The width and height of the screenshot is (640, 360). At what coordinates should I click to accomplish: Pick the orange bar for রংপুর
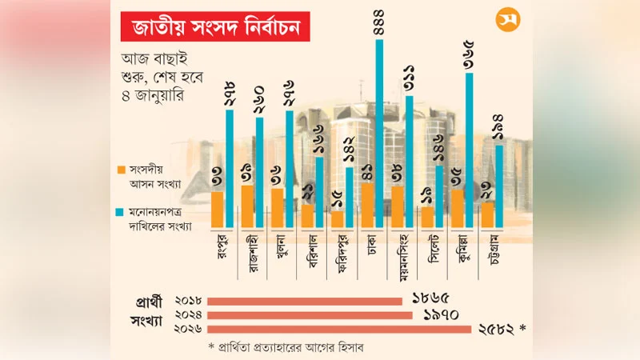tap(217, 210)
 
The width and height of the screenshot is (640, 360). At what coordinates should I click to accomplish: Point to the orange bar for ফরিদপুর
tap(337, 218)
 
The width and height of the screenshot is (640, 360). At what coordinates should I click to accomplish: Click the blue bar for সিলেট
tap(439, 197)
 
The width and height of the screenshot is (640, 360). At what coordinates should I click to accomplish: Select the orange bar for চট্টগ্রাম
tap(486, 214)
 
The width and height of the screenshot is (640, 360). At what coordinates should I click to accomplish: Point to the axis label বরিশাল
tap(314, 252)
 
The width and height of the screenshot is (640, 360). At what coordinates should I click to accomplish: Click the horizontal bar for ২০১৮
tap(304, 301)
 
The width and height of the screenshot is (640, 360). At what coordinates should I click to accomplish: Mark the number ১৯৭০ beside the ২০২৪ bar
tap(440, 315)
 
